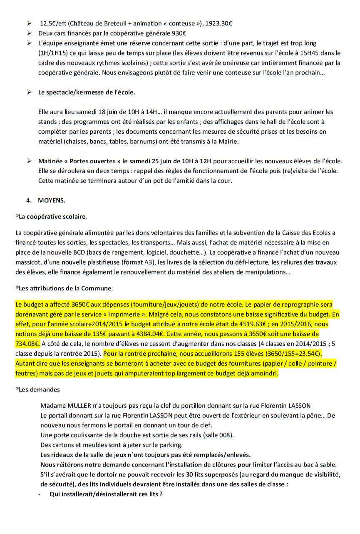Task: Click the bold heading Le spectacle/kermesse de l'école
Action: click(87, 92)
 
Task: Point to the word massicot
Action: click(27, 262)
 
